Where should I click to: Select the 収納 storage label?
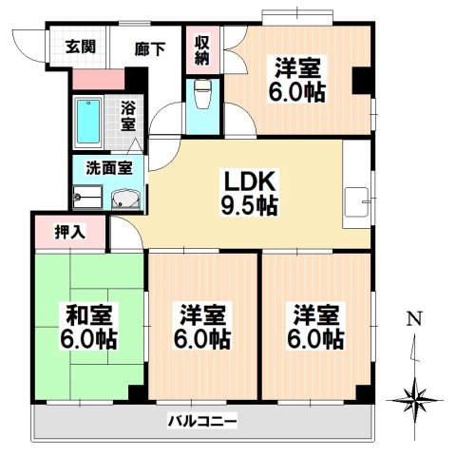point(201,48)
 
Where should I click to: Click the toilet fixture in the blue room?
point(200,92)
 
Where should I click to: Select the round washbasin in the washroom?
point(126,199)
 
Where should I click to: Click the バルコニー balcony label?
point(202,419)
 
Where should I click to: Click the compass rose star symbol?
point(414,392)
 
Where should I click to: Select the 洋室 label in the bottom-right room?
point(315,313)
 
